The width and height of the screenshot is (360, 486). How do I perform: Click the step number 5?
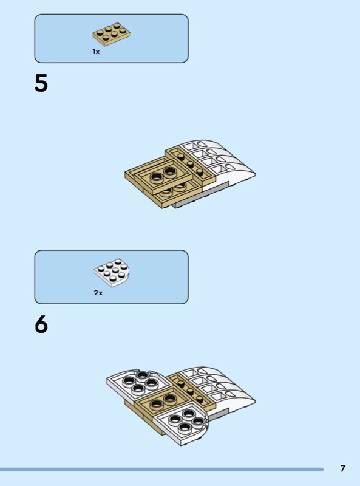[41, 83]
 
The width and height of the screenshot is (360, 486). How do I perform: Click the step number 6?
[41, 324]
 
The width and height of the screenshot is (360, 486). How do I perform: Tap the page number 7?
[342, 468]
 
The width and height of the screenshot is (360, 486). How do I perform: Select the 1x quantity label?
[96, 52]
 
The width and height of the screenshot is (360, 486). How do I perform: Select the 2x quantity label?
[98, 293]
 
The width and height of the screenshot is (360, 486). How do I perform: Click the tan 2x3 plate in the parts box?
[111, 34]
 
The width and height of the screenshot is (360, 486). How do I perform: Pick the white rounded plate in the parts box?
[112, 272]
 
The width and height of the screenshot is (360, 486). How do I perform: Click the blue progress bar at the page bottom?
[161, 470]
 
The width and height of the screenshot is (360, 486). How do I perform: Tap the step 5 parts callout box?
[111, 38]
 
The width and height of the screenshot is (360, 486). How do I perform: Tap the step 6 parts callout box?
[111, 277]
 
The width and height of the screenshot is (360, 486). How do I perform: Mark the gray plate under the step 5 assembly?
[202, 199]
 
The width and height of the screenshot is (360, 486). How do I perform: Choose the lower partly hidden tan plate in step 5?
[177, 191]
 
